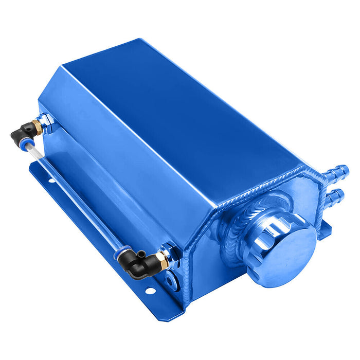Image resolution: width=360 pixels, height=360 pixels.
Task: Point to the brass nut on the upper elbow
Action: pyautogui.click(x=36, y=125)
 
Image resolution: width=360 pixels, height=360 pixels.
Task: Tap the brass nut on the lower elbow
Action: pyautogui.click(x=161, y=261)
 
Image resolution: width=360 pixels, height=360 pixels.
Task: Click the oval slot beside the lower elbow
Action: pyautogui.click(x=170, y=280)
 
